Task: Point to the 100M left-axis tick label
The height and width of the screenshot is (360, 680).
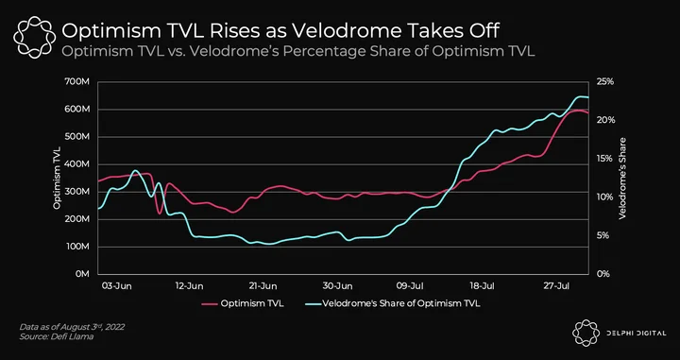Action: (x=79, y=247)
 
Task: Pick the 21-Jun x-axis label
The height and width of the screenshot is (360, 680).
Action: (x=263, y=286)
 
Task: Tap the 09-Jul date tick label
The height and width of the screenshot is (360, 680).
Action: (x=411, y=286)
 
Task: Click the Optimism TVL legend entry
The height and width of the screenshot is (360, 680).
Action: (x=243, y=303)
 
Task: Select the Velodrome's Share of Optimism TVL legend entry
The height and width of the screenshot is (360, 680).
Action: (x=390, y=303)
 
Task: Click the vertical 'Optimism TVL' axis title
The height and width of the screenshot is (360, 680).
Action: (x=58, y=179)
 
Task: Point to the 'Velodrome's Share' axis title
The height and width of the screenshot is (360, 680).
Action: (x=622, y=179)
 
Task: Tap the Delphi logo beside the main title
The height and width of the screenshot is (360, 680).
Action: (x=34, y=37)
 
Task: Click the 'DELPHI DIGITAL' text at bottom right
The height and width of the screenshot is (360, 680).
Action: (x=637, y=334)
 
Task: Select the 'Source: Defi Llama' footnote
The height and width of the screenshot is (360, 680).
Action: (x=57, y=336)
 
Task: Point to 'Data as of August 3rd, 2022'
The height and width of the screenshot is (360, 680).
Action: (x=72, y=327)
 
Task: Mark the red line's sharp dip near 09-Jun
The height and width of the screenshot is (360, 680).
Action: (x=160, y=213)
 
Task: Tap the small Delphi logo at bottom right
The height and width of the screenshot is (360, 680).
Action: (x=586, y=334)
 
